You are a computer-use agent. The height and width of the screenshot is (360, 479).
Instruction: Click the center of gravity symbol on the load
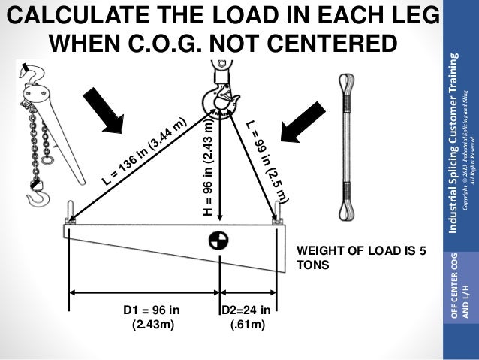(x=218, y=241)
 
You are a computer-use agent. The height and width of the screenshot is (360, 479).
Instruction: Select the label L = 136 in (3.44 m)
(x=143, y=151)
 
